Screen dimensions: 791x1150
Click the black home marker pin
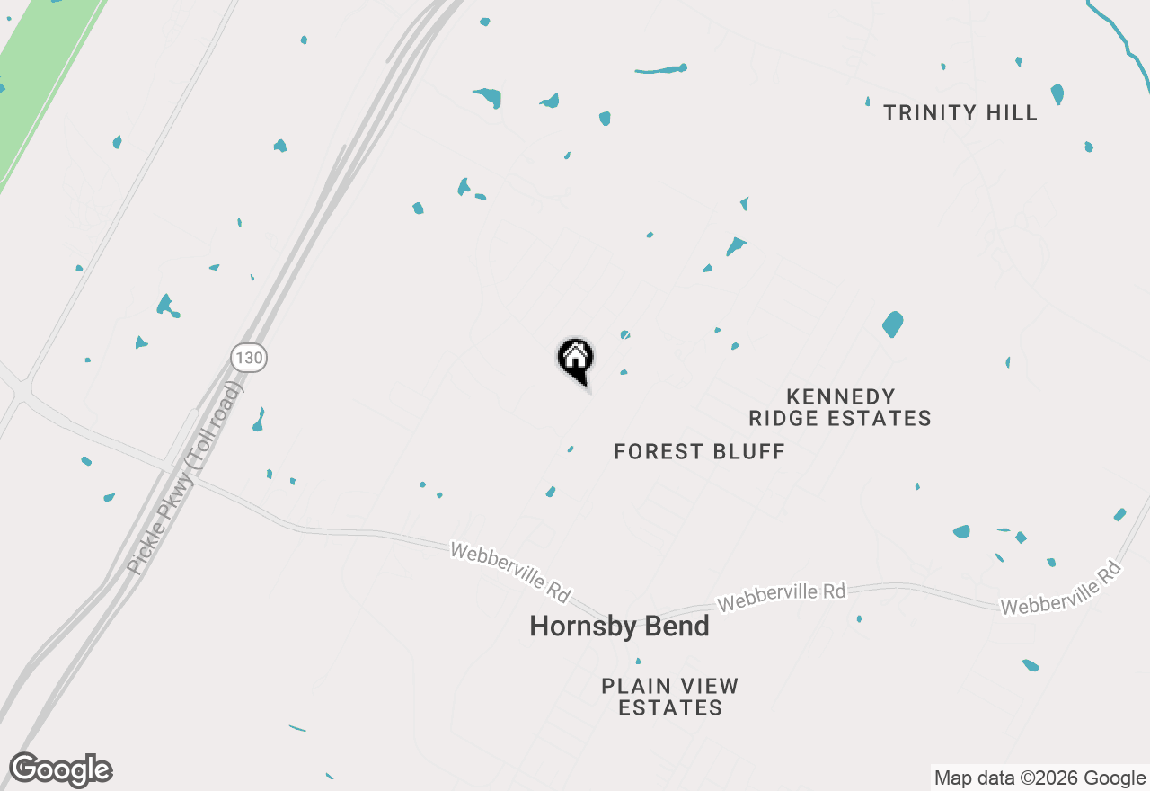[576, 359]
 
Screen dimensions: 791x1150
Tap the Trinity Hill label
[960, 112]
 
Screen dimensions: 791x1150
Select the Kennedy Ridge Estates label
[840, 407]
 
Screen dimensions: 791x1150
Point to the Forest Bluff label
[699, 451]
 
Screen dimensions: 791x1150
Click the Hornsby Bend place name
[619, 627]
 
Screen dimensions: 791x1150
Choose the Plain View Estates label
[670, 697]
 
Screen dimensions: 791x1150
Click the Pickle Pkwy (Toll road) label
[185, 479]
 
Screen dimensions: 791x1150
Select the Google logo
[61, 770]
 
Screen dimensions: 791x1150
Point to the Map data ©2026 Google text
[1039, 778]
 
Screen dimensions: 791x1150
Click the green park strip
[40, 81]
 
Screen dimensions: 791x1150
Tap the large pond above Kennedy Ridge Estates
[892, 324]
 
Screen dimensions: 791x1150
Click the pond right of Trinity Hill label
[1057, 94]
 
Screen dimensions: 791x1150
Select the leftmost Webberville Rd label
[510, 572]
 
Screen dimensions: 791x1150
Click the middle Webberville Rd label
[781, 596]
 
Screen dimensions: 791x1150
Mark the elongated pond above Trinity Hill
[660, 69]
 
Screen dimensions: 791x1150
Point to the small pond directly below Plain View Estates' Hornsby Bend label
[639, 662]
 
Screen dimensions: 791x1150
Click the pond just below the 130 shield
[259, 420]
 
